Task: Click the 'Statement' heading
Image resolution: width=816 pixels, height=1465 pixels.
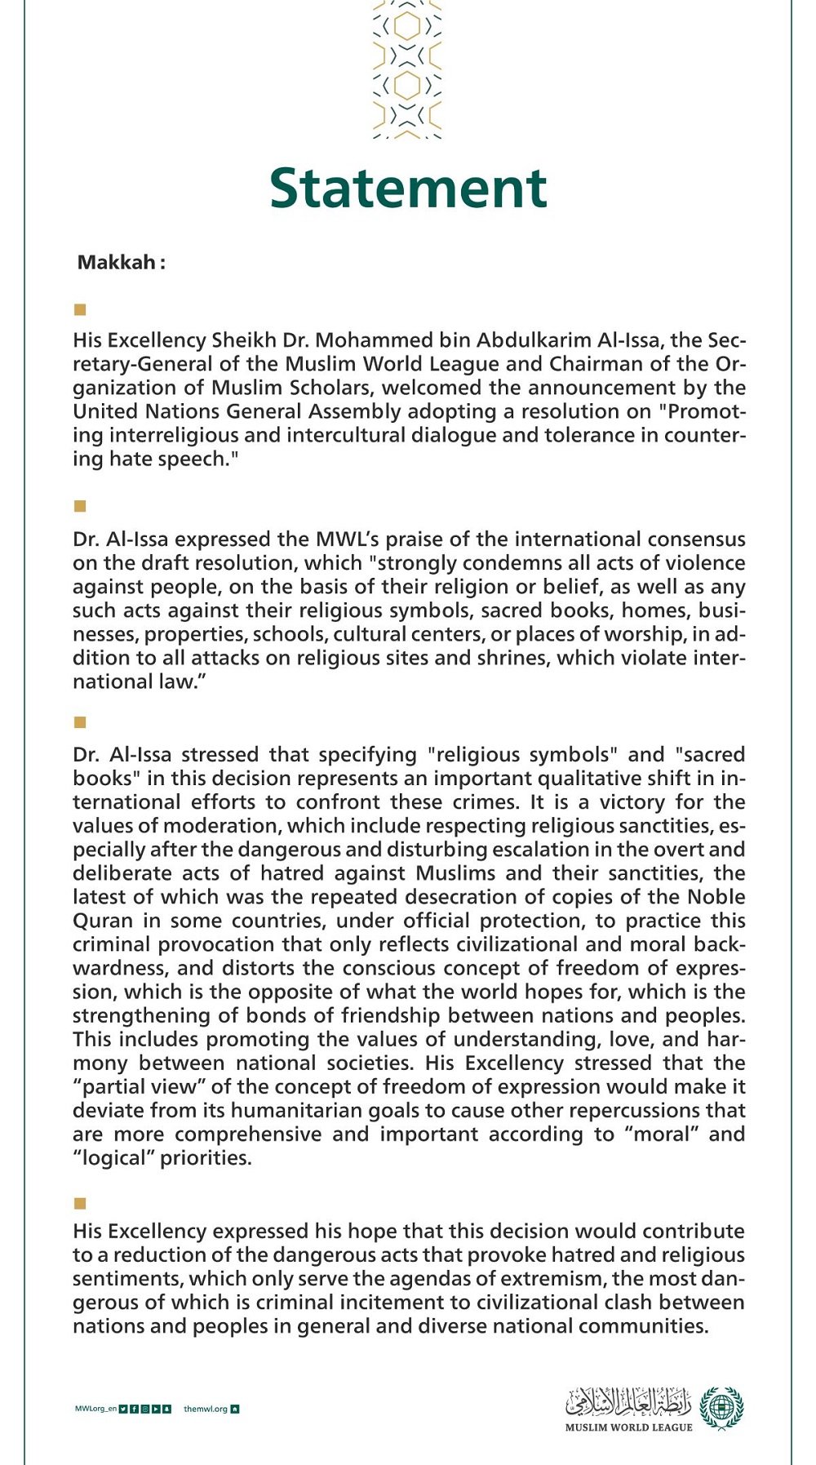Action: coord(408,189)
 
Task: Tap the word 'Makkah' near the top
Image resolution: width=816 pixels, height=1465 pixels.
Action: coord(116,263)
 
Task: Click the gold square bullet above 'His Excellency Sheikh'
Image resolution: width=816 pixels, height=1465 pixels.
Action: coord(80,309)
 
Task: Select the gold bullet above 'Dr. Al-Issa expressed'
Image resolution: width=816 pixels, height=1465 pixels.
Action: coord(80,506)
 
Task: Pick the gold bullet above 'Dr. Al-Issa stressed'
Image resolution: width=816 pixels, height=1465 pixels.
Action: coord(80,722)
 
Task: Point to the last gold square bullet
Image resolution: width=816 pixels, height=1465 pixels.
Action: coord(80,1203)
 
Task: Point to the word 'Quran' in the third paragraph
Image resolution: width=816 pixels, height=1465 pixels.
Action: coord(103,921)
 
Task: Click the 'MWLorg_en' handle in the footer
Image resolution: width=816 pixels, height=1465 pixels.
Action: coord(95,1409)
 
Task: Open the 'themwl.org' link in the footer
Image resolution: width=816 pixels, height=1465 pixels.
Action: coord(206,1409)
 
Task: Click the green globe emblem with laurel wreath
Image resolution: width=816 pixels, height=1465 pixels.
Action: coord(721,1408)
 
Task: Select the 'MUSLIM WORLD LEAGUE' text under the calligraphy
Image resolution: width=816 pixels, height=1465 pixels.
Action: coord(628,1427)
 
